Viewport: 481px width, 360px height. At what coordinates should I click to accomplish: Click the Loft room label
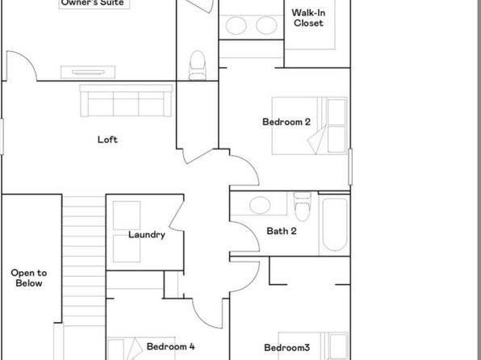point(107,140)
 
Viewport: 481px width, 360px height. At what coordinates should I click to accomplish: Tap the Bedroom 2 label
point(287,122)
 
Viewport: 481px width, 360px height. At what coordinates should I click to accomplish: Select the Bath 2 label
point(282,231)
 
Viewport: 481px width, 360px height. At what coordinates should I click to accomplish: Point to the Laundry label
point(147,235)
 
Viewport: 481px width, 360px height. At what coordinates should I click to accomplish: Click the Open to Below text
point(29,278)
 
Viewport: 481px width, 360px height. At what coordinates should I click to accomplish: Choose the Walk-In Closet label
point(308,18)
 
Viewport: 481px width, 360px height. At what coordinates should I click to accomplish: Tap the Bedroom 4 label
point(170,346)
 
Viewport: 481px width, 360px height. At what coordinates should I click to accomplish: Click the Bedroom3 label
point(287,347)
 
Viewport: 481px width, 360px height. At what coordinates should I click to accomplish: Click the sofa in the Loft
point(126,101)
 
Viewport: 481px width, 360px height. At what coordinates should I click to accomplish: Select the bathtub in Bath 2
point(335,224)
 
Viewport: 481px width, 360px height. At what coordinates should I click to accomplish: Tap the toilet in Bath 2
point(302,207)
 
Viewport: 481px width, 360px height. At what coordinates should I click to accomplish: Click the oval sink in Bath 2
point(260,205)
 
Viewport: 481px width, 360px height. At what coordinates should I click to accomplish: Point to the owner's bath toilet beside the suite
point(197,65)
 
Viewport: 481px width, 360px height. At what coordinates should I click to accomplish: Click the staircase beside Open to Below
point(84,261)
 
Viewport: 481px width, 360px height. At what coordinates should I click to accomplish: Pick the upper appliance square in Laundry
point(127,216)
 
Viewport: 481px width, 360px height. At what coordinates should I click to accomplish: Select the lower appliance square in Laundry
point(127,249)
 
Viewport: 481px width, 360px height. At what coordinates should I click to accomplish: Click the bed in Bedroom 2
point(310,126)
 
